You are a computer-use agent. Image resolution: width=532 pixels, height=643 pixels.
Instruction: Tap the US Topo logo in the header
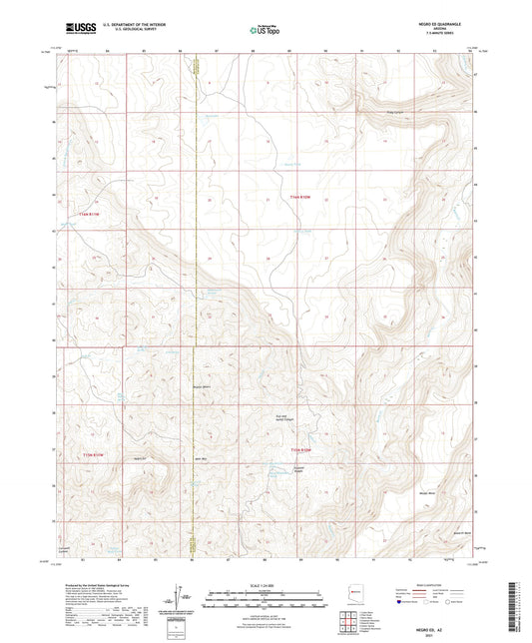266,31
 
